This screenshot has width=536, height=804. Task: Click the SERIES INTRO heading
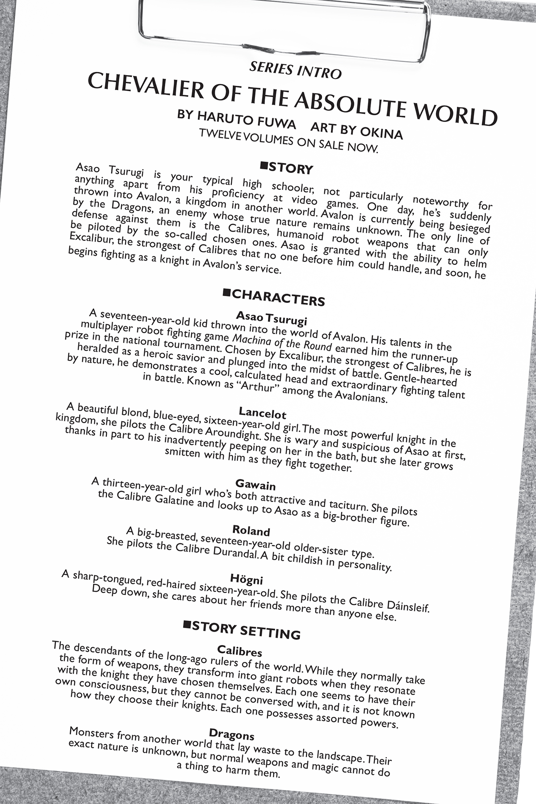coord(295,71)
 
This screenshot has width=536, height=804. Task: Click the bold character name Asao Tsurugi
coord(272,318)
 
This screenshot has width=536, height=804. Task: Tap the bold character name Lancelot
coord(262,413)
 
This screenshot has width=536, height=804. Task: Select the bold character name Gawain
coord(255,485)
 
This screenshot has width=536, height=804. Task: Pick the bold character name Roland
coord(251,531)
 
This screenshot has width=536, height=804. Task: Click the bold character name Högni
coord(246,580)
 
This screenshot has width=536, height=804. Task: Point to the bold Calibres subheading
coord(239,651)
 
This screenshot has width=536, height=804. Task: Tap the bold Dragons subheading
coord(231,734)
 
